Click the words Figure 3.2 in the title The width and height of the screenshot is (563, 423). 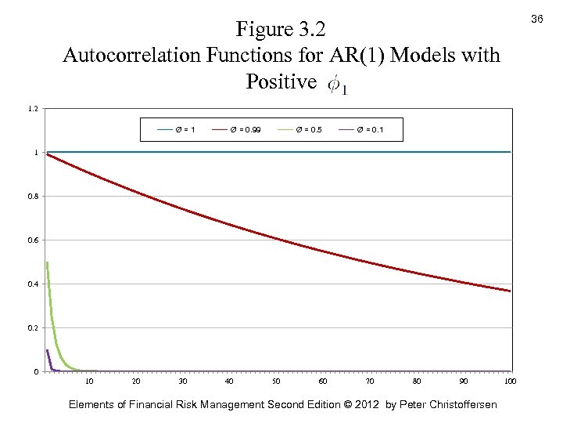tap(280, 30)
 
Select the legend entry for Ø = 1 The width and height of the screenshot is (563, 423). tap(176, 128)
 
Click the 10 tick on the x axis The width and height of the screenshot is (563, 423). tap(89, 381)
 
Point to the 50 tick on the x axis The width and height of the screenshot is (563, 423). tap(276, 381)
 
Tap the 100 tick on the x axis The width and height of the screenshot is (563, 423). tap(510, 381)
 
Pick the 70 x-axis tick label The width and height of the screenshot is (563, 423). tap(370, 381)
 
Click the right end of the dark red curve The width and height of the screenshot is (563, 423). tap(510, 291)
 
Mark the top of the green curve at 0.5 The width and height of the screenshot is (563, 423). tap(48, 262)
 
